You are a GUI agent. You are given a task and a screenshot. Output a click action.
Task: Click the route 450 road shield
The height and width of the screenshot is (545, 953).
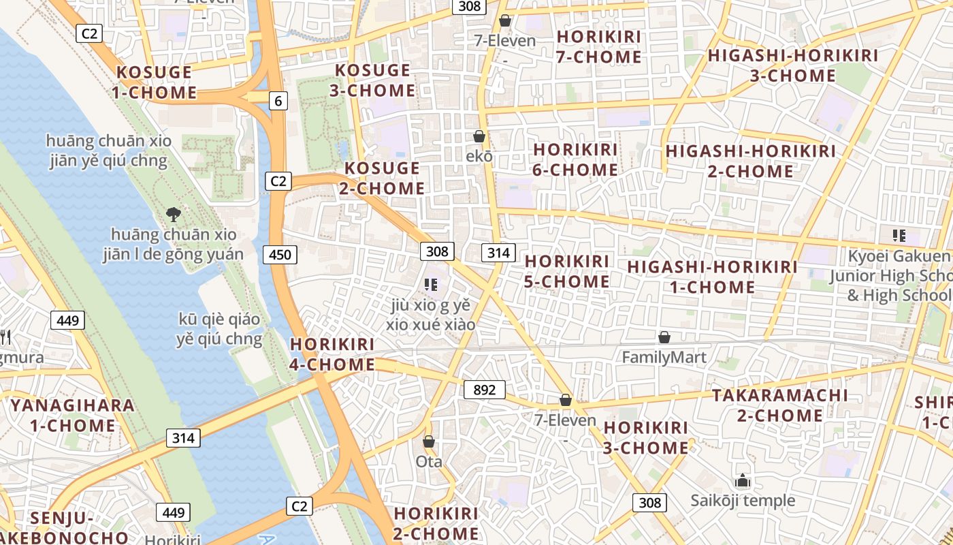point(279,255)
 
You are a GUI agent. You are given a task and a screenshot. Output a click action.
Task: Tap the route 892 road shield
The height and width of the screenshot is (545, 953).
point(484,390)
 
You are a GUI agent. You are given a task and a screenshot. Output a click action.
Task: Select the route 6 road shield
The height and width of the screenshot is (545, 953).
point(278,101)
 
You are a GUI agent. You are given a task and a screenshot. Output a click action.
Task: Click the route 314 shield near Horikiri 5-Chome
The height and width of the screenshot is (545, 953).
point(498,253)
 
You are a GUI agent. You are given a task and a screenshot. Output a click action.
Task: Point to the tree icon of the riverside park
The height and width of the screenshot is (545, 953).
point(174,215)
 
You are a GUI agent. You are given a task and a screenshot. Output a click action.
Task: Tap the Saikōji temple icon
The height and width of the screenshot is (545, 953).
point(743,481)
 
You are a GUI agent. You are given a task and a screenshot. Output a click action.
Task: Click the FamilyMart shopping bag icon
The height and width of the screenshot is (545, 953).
point(664,337)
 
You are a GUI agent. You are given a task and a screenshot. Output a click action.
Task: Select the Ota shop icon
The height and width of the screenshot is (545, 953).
point(429,441)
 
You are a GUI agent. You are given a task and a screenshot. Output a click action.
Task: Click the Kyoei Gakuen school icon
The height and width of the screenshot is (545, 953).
point(899,236)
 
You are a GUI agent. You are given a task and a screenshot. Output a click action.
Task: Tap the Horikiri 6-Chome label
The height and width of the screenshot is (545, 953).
point(575,159)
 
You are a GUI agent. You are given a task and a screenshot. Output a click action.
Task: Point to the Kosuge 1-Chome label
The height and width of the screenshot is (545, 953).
point(156,82)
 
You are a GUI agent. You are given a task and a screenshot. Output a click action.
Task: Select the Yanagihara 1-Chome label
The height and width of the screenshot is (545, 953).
point(72,415)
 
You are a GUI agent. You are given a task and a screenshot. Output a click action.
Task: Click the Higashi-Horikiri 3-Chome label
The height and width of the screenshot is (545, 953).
point(793,65)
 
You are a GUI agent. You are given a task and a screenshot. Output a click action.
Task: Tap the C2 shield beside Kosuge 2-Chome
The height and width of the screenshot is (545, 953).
point(278,181)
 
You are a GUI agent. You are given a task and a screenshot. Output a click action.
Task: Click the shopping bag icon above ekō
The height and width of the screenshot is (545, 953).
point(479,136)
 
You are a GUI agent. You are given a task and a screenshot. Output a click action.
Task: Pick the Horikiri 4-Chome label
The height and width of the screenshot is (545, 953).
point(332,354)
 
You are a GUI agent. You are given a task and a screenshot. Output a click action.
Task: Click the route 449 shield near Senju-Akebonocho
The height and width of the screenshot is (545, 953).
point(174,512)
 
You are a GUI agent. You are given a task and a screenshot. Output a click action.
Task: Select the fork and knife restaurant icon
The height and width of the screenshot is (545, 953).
point(5,336)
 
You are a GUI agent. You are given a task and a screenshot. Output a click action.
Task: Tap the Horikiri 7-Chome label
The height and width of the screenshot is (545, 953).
point(598,46)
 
